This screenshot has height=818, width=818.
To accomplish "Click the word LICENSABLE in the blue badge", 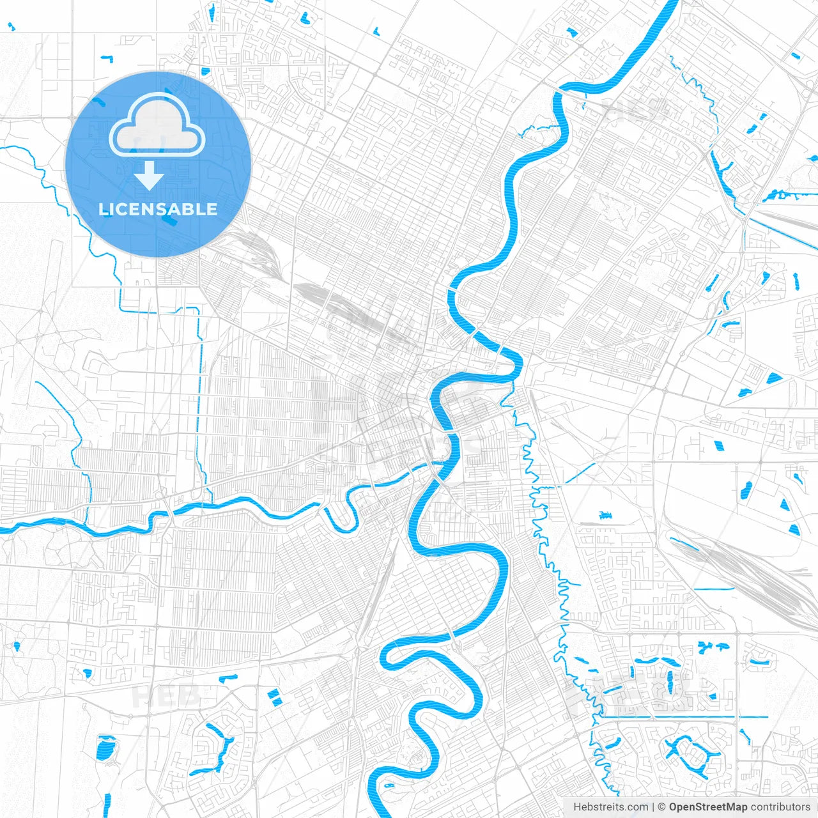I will [x=158, y=209].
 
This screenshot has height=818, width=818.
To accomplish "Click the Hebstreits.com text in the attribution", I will [x=610, y=807].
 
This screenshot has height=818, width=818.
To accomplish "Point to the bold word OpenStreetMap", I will [x=707, y=807].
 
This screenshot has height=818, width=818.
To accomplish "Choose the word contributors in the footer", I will [x=780, y=807].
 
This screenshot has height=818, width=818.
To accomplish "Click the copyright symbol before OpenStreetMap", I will [x=662, y=807].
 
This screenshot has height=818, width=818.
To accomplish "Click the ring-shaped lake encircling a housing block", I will [x=689, y=754].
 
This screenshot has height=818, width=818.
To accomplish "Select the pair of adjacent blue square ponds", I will [x=274, y=697].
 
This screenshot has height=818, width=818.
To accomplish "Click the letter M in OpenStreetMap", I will [x=729, y=807].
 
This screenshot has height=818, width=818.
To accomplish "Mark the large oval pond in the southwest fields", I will [x=105, y=749].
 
